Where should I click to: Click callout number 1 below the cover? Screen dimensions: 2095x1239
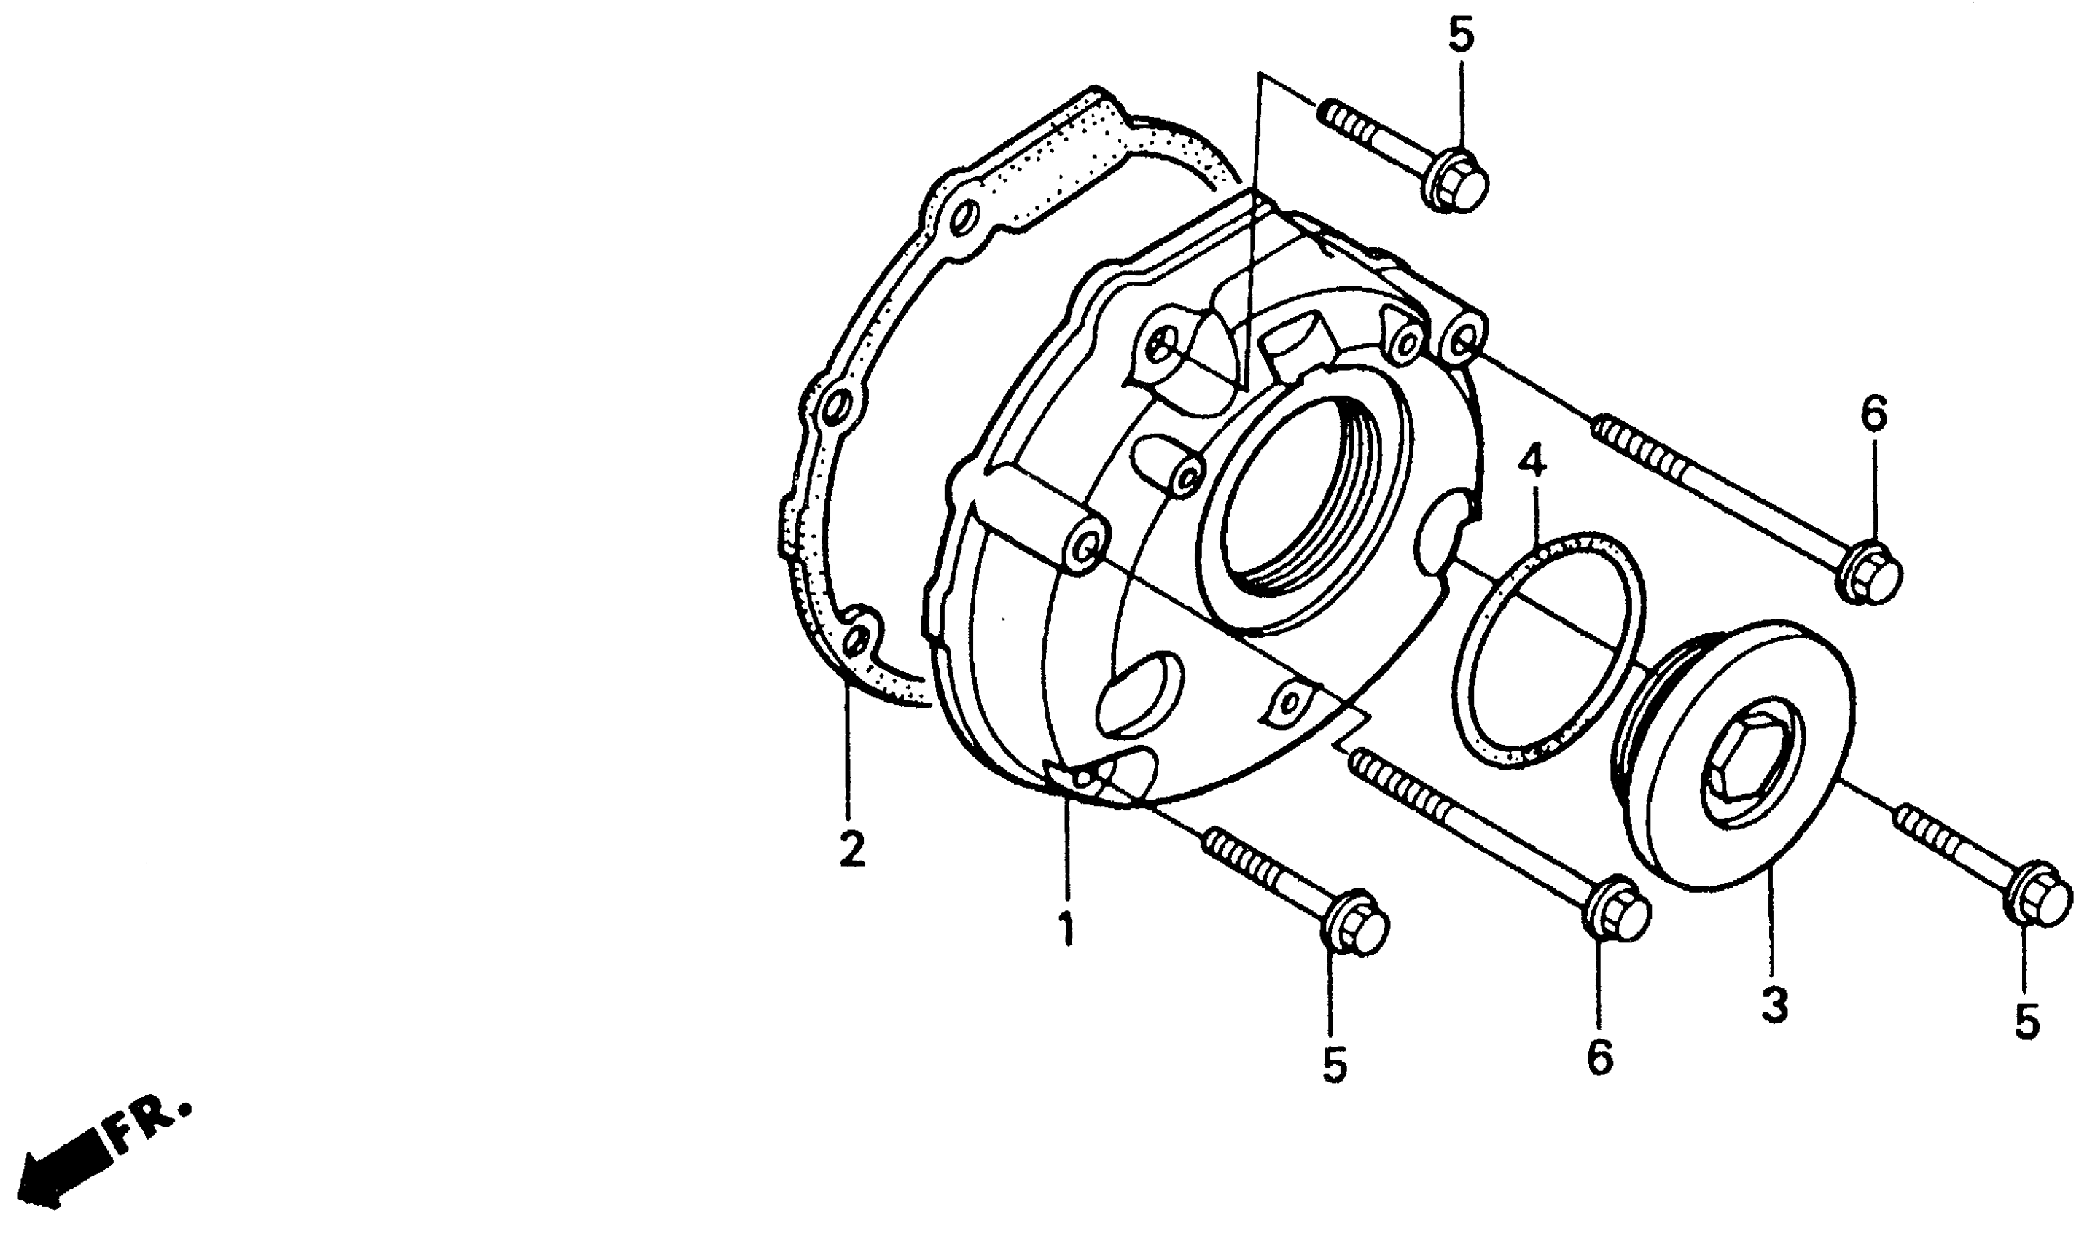[1067, 929]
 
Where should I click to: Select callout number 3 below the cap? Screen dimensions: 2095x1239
[1774, 1005]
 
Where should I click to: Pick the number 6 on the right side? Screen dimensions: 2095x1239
[1873, 415]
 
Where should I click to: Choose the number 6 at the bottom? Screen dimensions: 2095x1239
[1600, 1058]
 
